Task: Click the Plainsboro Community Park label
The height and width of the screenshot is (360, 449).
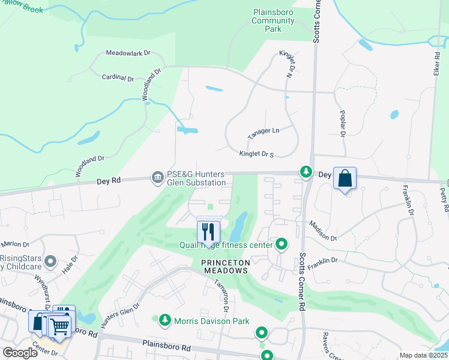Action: pyautogui.click(x=274, y=20)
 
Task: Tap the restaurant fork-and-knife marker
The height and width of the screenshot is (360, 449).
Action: pyautogui.click(x=208, y=230)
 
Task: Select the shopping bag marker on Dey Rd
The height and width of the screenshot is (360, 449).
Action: pyautogui.click(x=345, y=178)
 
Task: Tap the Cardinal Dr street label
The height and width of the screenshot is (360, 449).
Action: pyautogui.click(x=118, y=77)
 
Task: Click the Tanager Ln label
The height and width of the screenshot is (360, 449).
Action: pyautogui.click(x=264, y=131)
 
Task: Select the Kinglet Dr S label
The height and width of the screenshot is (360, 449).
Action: pyautogui.click(x=256, y=154)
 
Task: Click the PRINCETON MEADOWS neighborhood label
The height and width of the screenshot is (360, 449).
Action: pyautogui.click(x=224, y=266)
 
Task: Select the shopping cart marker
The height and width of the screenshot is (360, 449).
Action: pyautogui.click(x=59, y=326)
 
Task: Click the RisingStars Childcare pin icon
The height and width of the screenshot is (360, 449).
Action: pyautogui.click(x=50, y=262)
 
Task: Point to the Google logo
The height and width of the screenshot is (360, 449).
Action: pyautogui.click(x=20, y=353)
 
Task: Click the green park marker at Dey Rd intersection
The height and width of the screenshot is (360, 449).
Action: pyautogui.click(x=306, y=173)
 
